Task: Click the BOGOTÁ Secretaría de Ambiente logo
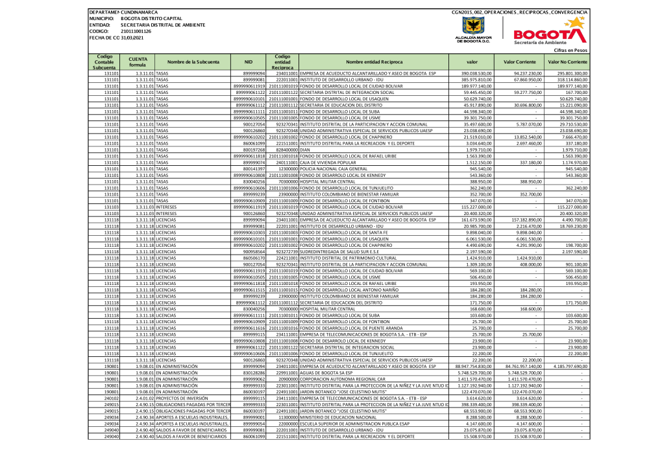[x=548, y=33]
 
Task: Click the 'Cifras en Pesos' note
[x=570, y=50]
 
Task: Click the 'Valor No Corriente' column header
[x=567, y=62]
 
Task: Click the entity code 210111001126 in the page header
[x=136, y=31]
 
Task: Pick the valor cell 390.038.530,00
[x=476, y=74]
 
